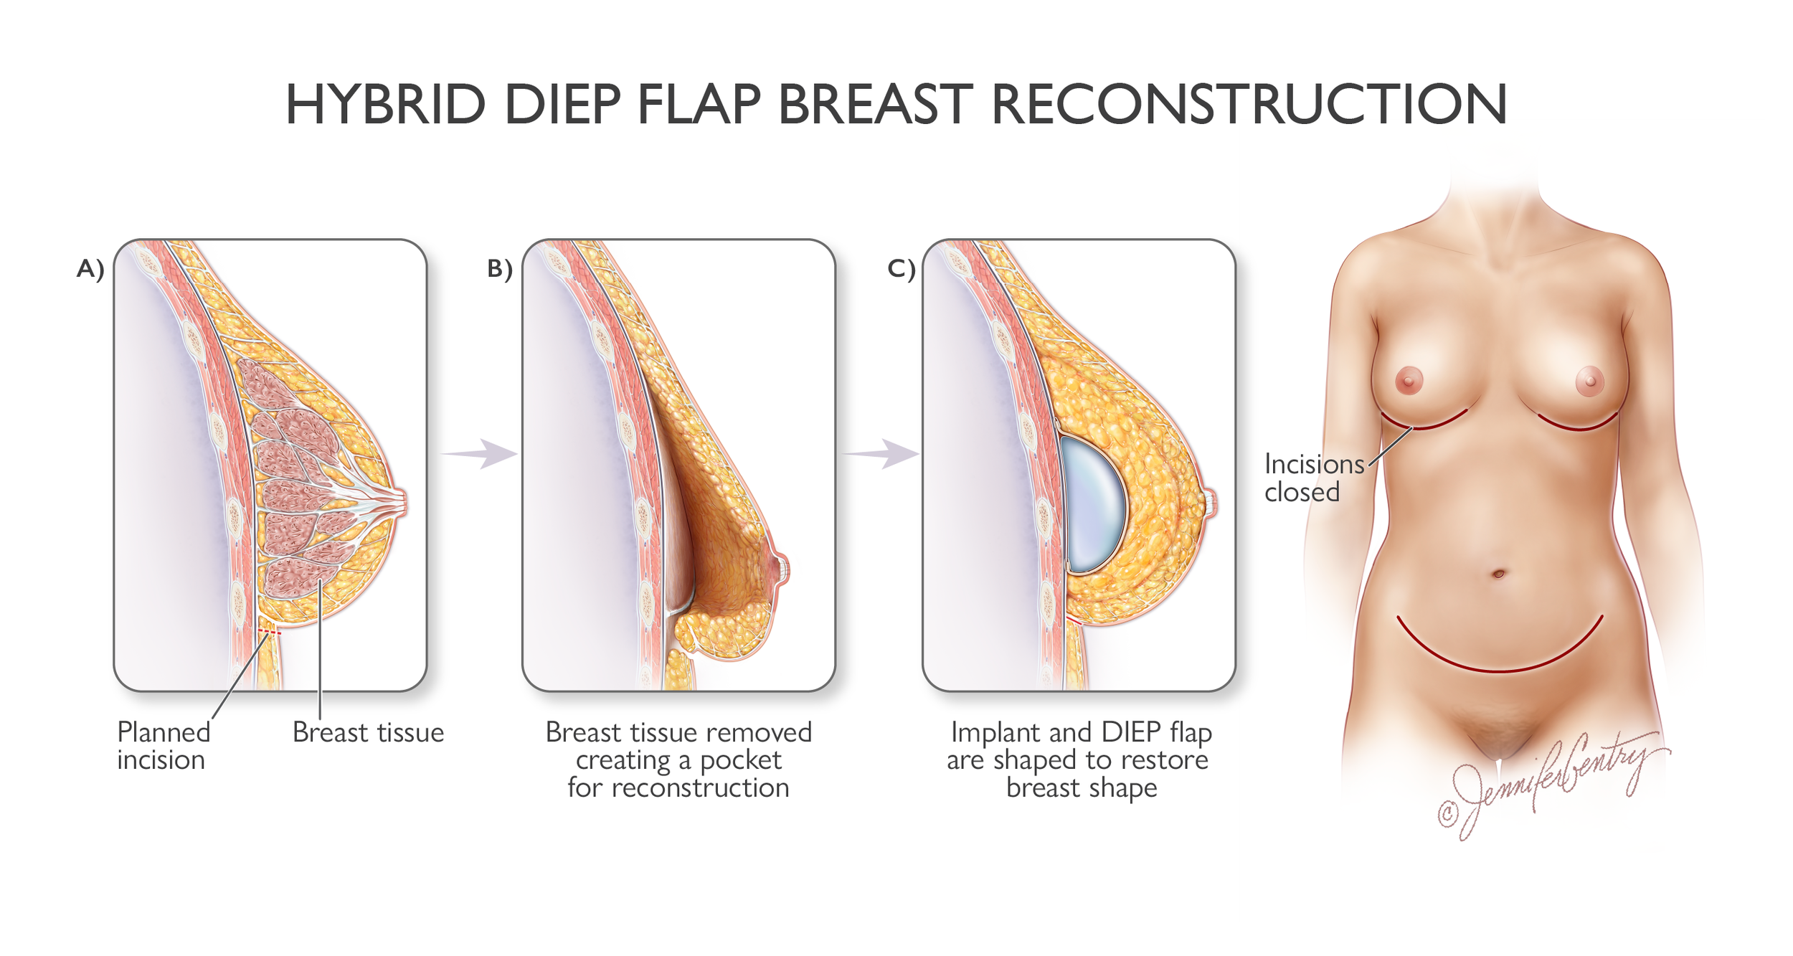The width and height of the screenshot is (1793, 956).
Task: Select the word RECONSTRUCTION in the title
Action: [x=1249, y=105]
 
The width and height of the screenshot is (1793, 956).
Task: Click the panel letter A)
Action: [x=90, y=269]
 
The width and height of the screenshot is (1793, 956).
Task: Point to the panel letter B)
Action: [x=499, y=269]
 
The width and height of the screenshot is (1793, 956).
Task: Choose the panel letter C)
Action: [x=901, y=269]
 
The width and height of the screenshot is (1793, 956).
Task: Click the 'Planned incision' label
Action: [x=164, y=746]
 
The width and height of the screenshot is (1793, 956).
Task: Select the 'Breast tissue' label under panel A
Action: [x=368, y=732]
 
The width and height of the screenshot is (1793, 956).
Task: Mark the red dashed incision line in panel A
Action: [x=270, y=632]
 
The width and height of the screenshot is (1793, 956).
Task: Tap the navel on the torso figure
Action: [x=1498, y=574]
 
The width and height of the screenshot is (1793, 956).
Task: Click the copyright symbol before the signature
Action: [x=1447, y=813]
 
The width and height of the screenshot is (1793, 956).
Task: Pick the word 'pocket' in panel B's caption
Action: [x=740, y=760]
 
